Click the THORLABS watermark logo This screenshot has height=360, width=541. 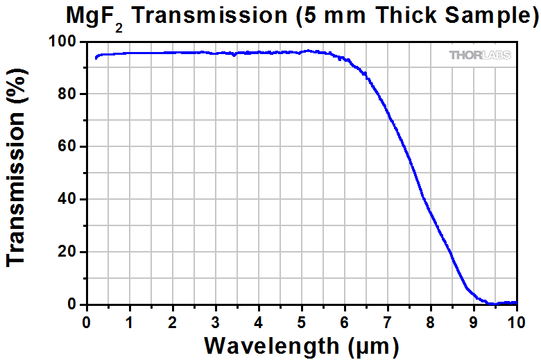click(480, 55)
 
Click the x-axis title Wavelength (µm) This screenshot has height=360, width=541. click(301, 344)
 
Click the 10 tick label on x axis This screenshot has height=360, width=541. click(515, 322)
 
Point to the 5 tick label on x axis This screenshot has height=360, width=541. click(302, 322)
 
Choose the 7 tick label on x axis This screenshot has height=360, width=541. click(388, 322)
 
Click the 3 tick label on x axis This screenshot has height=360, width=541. click(216, 322)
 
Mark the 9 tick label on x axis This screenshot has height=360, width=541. click(474, 322)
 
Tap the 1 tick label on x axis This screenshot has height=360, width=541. click(130, 322)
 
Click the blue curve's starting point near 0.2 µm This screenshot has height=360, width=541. click(96, 58)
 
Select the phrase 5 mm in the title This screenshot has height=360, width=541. click(328, 17)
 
